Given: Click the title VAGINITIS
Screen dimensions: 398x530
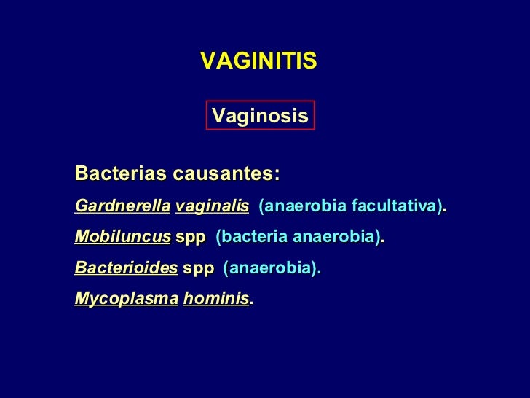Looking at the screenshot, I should click(x=258, y=61).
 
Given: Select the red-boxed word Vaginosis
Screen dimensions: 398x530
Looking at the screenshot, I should click(x=260, y=116).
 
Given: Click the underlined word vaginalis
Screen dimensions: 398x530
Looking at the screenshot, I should click(x=212, y=206).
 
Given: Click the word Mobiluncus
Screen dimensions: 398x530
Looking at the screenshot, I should click(x=122, y=238).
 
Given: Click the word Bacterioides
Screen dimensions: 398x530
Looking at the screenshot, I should click(x=126, y=268).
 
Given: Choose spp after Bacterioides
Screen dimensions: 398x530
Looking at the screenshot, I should click(x=198, y=269).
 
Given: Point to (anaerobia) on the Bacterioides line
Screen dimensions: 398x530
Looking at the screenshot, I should click(x=270, y=268).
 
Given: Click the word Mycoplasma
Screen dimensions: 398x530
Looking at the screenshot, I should click(x=126, y=299).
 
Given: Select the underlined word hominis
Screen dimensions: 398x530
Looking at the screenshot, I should click(x=215, y=299).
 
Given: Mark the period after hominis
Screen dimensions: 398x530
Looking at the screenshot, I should click(x=252, y=303).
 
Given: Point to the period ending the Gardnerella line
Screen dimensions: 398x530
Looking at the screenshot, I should click(x=446, y=210).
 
